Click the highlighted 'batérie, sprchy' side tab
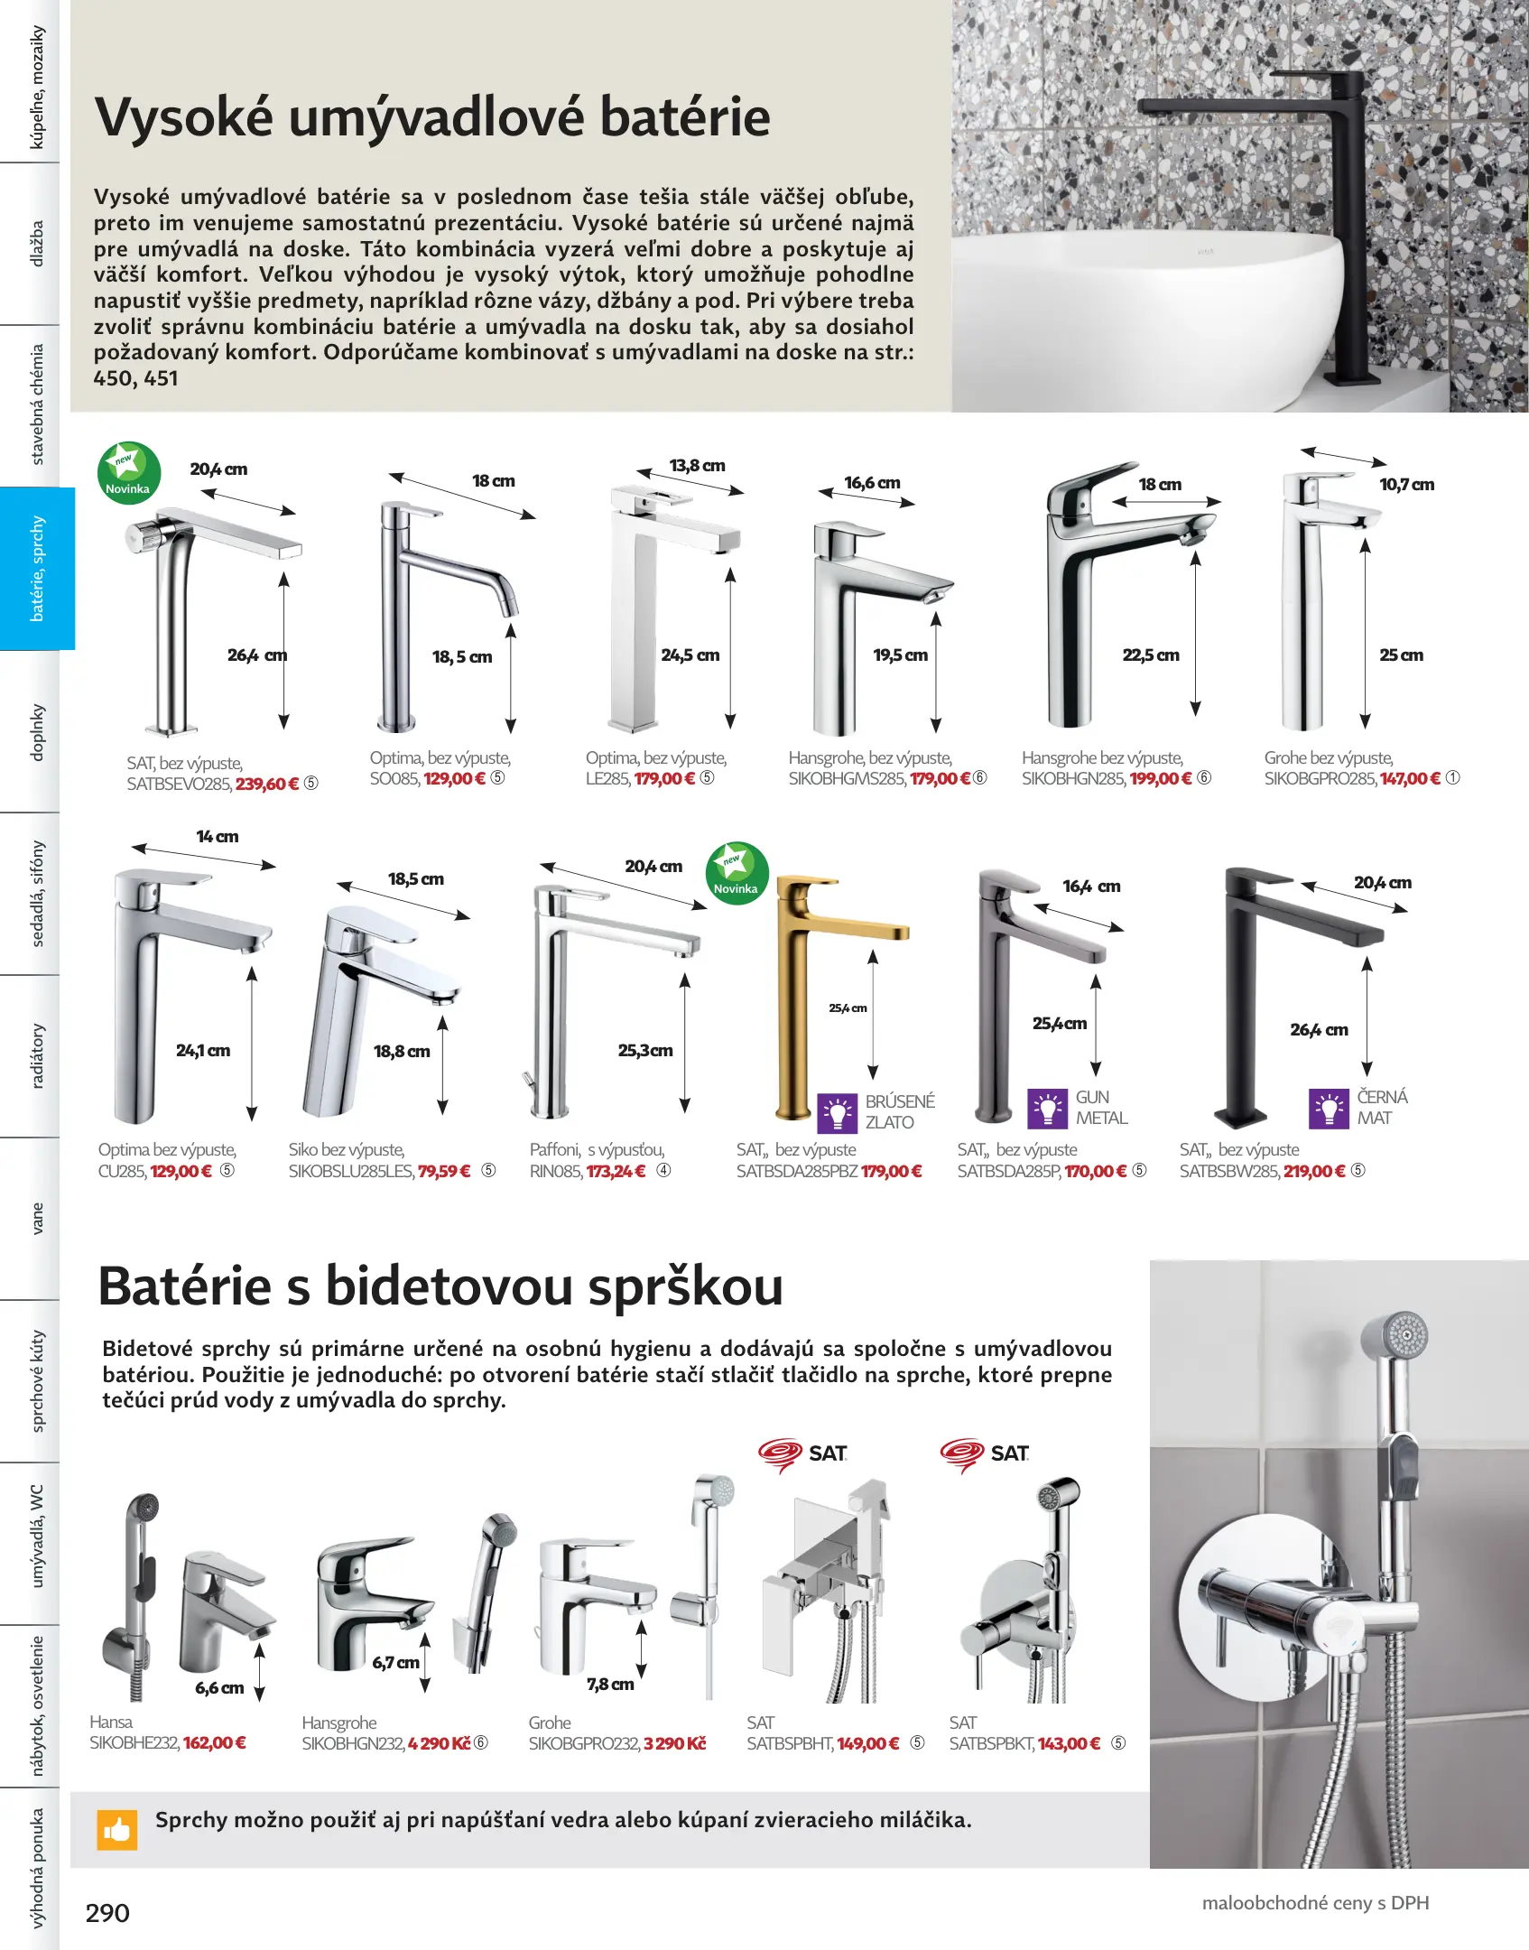coord(37,568)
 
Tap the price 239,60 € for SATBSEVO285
coord(267,784)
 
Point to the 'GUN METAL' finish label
coord(1101,1108)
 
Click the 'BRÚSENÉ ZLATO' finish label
coord(899,1111)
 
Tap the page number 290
coord(107,1912)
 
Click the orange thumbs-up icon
coord(117,1829)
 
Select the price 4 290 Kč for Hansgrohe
coord(439,1743)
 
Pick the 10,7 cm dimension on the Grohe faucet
coord(1406,485)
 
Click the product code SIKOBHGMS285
coord(847,779)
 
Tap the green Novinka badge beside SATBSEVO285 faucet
coord(129,472)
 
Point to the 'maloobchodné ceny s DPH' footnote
coord(1315,1903)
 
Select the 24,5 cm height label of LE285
coord(690,655)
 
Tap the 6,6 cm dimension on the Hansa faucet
coord(219,1687)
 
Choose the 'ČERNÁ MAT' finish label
coord(1381,1107)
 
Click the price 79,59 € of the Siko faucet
coord(444,1171)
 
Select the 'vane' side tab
coord(37,1218)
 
